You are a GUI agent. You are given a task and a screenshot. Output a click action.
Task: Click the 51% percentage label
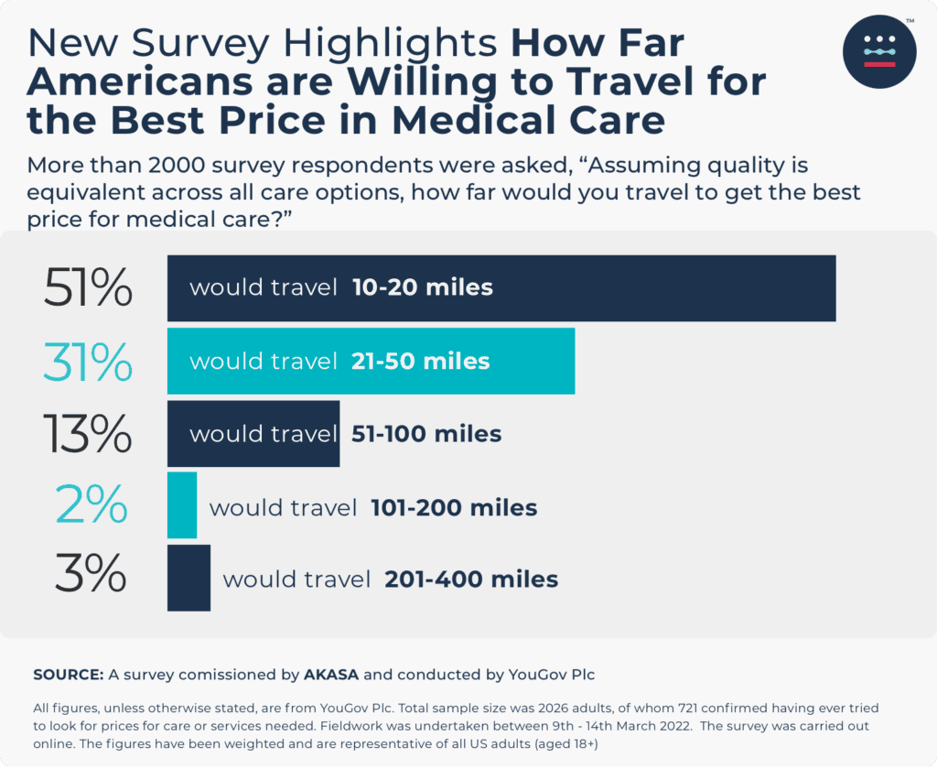(x=88, y=288)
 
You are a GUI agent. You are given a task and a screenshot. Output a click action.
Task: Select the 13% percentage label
(x=88, y=434)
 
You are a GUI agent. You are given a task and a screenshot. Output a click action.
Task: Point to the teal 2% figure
(x=92, y=506)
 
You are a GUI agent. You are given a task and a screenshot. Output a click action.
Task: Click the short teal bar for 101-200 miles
(x=181, y=505)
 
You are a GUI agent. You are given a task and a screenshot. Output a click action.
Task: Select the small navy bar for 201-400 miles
(x=188, y=578)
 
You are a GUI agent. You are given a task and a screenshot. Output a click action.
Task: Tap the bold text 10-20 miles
(x=422, y=287)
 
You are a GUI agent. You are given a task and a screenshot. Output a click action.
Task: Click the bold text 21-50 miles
(x=420, y=361)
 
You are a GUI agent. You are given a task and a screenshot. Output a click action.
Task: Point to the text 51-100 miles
(x=426, y=433)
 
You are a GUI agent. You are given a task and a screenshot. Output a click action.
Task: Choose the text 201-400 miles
(x=471, y=579)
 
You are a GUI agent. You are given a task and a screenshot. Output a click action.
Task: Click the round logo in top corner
(x=878, y=51)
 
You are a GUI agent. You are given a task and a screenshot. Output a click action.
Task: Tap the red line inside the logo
(x=878, y=65)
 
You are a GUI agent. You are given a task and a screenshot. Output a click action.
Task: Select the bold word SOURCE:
(x=68, y=675)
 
